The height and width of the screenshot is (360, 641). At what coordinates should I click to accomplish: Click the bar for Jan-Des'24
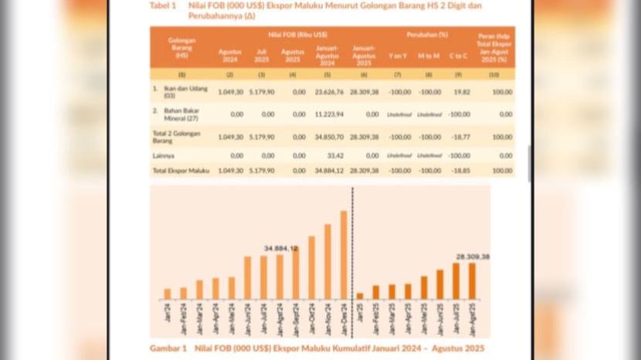coord(344,255)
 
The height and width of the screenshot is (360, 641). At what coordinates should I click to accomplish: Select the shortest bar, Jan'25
coord(360,296)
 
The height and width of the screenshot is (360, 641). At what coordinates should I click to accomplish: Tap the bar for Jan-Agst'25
coord(471,281)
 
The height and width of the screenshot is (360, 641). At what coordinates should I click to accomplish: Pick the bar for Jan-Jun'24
coord(247,277)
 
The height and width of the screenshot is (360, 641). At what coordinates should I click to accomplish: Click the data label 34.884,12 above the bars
coord(280,248)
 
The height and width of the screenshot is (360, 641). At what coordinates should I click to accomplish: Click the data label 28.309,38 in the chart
coord(473,256)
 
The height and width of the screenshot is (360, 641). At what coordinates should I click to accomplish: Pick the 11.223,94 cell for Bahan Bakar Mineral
coord(329,114)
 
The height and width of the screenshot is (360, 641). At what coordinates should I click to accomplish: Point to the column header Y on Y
coord(397,55)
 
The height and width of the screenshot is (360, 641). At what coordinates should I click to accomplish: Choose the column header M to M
coord(427,55)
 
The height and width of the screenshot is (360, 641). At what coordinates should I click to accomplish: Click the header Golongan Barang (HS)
coord(181,47)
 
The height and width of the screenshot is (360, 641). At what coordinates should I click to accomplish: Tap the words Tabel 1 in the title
coord(162,5)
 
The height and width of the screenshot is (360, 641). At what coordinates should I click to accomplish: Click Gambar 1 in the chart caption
coord(168,348)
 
